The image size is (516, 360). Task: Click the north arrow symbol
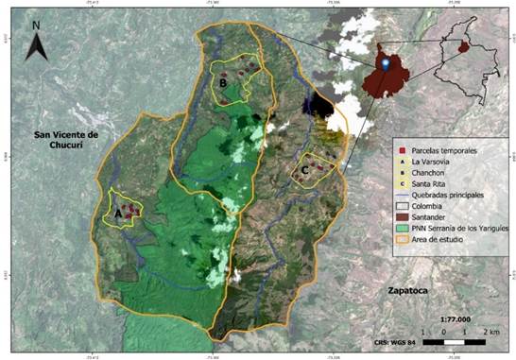(36, 47)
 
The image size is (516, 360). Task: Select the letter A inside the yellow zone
(117, 214)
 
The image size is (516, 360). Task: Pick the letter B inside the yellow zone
(222, 83)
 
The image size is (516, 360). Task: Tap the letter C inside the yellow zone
(304, 170)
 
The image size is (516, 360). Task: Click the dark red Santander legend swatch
(402, 216)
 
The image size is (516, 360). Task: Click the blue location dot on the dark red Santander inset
(387, 64)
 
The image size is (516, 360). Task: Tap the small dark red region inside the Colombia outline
(463, 47)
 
